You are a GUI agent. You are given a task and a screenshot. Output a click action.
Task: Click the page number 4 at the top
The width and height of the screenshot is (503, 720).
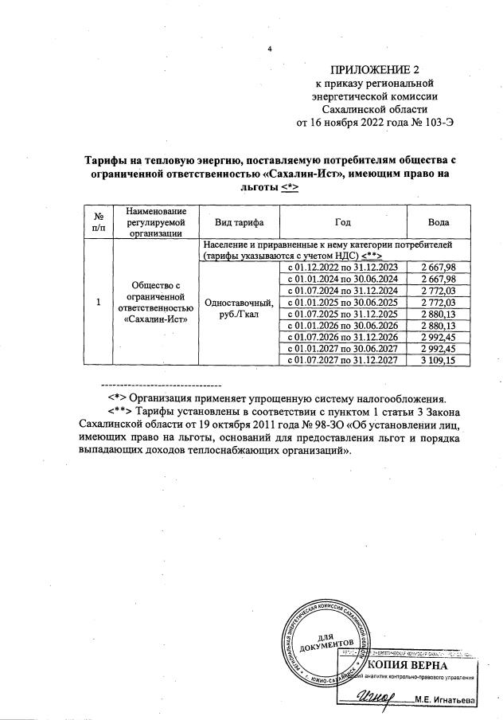[x=270, y=49]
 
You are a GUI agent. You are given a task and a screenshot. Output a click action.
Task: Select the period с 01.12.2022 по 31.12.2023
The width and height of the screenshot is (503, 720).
[x=341, y=267]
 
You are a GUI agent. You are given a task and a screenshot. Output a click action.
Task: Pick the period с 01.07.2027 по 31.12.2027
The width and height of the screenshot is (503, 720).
[x=341, y=361]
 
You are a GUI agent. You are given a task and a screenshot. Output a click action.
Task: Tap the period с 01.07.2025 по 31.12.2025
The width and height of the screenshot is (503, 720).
[x=341, y=314]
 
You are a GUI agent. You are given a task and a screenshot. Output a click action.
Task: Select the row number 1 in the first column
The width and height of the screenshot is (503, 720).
[x=98, y=303]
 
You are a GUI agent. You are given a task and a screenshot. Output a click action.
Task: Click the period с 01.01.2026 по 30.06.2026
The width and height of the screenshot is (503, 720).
[x=341, y=326]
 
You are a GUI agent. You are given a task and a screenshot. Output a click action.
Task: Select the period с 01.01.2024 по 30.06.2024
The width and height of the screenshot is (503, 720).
[x=341, y=279]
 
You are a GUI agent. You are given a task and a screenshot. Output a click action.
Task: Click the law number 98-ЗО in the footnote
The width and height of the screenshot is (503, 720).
[x=299, y=425]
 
